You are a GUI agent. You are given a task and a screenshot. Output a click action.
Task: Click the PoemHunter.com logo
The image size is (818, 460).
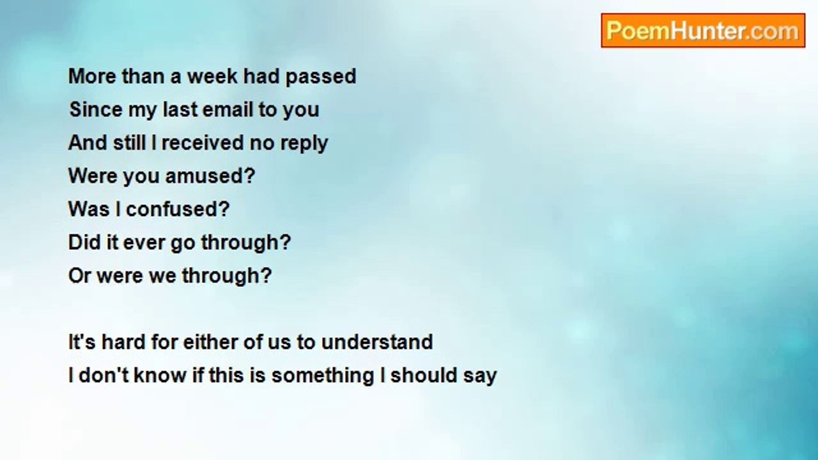tap(703, 30)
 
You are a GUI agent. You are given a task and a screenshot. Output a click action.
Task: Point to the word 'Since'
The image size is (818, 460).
tap(96, 109)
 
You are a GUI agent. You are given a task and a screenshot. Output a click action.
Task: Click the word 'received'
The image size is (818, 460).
tap(203, 142)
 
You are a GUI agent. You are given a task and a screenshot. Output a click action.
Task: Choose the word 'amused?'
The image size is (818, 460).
tap(210, 176)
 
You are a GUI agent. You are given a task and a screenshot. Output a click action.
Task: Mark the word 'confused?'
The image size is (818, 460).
tap(178, 209)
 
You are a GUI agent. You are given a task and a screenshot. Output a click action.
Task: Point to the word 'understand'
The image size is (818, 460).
tap(377, 342)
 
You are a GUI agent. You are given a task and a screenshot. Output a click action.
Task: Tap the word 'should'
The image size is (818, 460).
tap(424, 375)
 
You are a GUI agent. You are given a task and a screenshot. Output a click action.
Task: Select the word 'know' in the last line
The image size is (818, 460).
tap(160, 375)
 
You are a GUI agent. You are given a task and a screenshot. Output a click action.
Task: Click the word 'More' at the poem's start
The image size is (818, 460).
tap(93, 76)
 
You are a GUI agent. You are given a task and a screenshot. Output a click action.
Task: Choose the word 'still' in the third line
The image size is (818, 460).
tap(129, 142)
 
